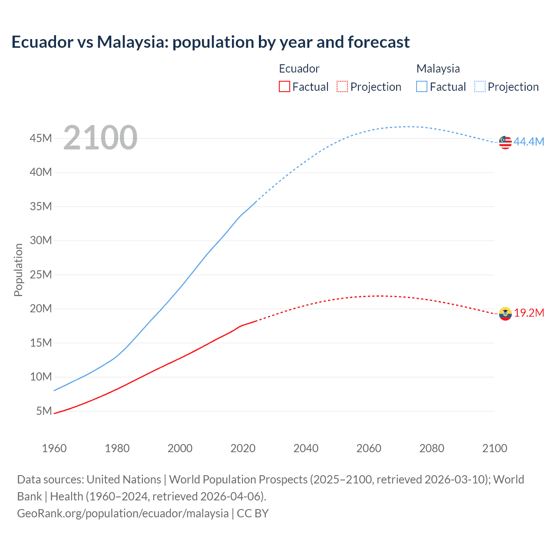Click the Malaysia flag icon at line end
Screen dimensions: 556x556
tap(505, 142)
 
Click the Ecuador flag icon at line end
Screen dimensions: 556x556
tap(505, 314)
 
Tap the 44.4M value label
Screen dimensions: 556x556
tap(529, 142)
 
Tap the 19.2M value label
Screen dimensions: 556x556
tap(529, 313)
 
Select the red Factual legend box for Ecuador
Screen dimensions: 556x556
tap(285, 86)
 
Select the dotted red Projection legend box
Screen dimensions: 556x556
tap(342, 86)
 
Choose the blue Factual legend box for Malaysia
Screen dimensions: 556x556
tap(422, 86)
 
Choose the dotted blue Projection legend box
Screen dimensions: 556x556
tap(480, 86)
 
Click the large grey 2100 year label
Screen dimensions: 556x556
tap(100, 138)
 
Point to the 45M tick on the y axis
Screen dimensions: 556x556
tap(41, 138)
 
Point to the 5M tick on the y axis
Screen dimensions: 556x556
tap(44, 411)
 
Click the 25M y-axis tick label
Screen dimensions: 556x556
tap(41, 275)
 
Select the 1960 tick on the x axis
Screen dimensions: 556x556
tap(54, 448)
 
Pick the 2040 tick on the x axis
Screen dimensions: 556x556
tap(306, 448)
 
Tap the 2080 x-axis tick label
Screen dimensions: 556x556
tap(432, 448)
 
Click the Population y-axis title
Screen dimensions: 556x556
tap(18, 270)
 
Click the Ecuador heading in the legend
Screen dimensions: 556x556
tap(299, 69)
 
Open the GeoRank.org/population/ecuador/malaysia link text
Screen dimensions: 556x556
tap(122, 513)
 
